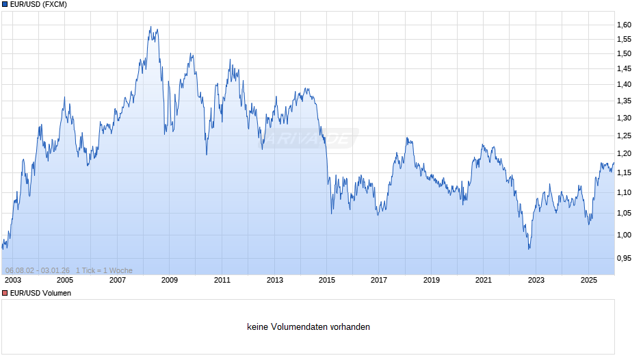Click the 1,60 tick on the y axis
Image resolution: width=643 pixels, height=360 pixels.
click(624, 25)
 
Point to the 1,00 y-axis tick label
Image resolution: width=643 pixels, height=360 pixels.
click(624, 235)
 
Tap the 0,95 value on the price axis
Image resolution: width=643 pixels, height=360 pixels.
click(624, 258)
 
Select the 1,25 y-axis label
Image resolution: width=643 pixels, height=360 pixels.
click(624, 136)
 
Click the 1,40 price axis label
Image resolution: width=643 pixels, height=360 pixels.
click(624, 85)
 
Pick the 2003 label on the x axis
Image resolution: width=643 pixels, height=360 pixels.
click(12, 280)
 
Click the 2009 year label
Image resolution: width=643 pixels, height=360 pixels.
click(170, 280)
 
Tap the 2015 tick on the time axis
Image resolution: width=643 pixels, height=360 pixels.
click(327, 280)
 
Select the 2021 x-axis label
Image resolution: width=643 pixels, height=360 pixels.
click(484, 280)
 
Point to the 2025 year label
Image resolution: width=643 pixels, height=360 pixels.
click(588, 280)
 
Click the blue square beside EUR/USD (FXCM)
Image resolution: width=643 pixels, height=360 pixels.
click(5, 5)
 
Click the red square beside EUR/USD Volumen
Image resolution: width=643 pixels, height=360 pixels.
click(5, 293)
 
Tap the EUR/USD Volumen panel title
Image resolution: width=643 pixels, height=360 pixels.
click(40, 293)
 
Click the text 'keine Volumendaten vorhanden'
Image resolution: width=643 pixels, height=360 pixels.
click(309, 327)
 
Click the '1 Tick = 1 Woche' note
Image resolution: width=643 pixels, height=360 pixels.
click(104, 270)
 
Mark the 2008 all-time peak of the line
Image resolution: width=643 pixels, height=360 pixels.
click(150, 27)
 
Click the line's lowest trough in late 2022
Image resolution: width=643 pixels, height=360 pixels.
click(529, 248)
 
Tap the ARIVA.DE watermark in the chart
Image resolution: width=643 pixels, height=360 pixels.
click(309, 139)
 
